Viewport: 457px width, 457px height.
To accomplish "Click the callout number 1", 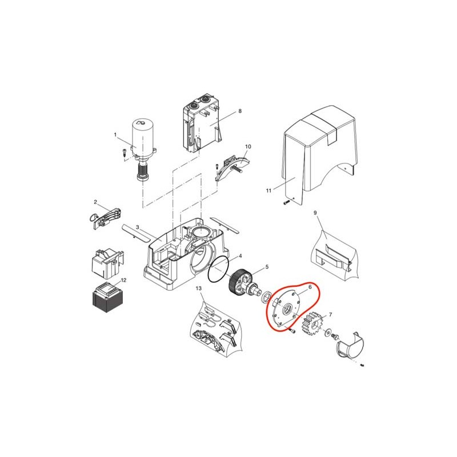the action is pos(115,135).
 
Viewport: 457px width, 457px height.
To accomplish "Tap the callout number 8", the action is pos(240,111).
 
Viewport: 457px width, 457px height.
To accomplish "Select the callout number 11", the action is pos(268,191).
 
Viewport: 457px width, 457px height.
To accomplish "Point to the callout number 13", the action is pos(198,288).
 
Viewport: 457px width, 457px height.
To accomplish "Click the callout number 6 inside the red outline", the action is pos(310,287).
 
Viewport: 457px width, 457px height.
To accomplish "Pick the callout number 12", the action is pos(123,280).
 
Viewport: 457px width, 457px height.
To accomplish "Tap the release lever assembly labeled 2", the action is pos(105,218).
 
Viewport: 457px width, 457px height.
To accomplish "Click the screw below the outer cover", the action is pos(287,202).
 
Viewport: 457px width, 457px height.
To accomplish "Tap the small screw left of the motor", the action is pos(124,153).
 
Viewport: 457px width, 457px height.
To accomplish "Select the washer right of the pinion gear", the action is pos(328,332).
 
